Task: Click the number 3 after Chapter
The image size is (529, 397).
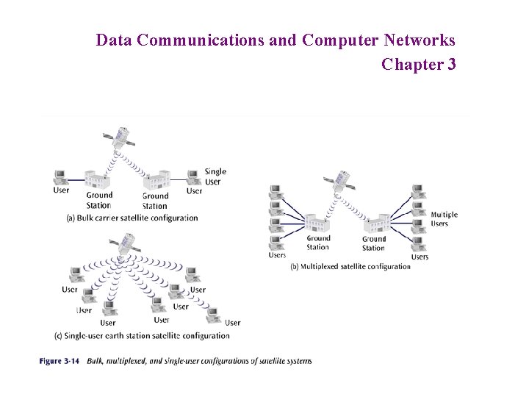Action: [x=451, y=65]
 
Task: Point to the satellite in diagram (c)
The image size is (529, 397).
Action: [x=127, y=242]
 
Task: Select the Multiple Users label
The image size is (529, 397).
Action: [x=444, y=219]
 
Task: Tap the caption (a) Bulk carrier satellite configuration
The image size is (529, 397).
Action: [x=132, y=218]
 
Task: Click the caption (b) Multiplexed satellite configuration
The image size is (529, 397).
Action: [x=350, y=266]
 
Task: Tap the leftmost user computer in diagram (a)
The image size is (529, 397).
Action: [x=60, y=176]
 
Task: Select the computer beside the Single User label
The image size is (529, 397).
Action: [x=193, y=176]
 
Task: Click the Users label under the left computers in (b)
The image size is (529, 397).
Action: [x=277, y=255]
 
